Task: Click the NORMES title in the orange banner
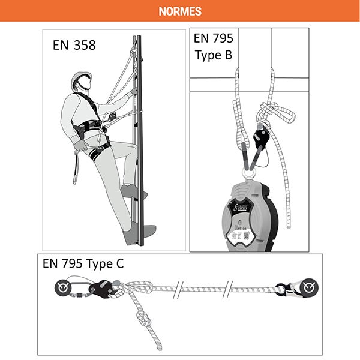180,11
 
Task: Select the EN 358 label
73,45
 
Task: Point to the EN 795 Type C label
83,264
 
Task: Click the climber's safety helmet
81,80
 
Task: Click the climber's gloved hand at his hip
78,143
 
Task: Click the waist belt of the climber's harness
90,128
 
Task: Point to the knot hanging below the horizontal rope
143,322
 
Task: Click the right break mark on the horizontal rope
228,289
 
